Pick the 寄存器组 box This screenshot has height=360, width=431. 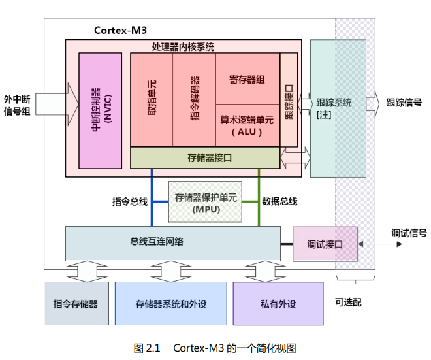(247, 79)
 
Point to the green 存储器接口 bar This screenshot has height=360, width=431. (205, 157)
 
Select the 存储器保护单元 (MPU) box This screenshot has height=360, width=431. (206, 203)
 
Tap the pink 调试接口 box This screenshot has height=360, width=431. (325, 244)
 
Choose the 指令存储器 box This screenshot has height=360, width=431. (76, 304)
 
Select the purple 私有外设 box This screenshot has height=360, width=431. (278, 304)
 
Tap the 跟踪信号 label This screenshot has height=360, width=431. (404, 103)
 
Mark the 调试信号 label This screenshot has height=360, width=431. (409, 233)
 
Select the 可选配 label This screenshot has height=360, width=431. (348, 303)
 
